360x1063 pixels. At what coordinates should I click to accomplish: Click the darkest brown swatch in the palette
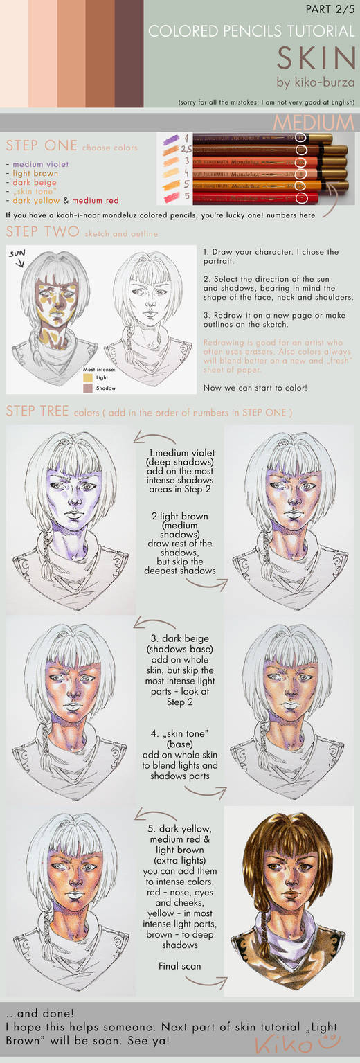pos(129,53)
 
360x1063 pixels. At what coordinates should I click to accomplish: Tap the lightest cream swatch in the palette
pos(14,53)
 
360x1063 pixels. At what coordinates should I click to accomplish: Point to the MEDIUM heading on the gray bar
pos(314,123)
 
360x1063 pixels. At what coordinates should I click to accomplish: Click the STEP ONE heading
pos(41,145)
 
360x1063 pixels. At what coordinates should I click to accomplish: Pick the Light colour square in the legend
pos(89,377)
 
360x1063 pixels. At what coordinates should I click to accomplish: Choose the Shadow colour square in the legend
pos(89,388)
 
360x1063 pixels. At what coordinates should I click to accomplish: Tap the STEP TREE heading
pos(36,411)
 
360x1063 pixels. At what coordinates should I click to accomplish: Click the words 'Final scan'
pos(179,965)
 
